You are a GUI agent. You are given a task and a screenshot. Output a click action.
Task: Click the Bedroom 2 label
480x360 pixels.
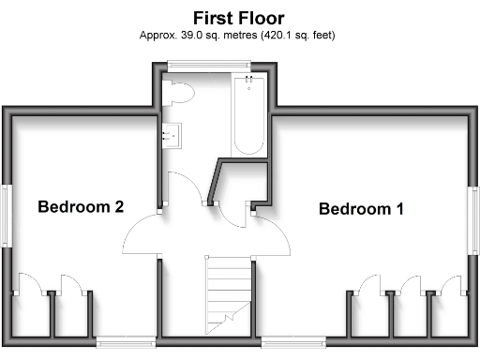point(82,207)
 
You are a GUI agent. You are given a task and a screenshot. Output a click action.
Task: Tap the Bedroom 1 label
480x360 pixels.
point(361,209)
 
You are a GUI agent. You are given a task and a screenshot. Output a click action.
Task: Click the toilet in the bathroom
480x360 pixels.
point(177,93)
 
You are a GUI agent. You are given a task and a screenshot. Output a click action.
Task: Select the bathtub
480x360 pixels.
point(248,116)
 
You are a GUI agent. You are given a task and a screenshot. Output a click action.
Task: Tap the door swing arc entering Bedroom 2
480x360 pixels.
point(141,236)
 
